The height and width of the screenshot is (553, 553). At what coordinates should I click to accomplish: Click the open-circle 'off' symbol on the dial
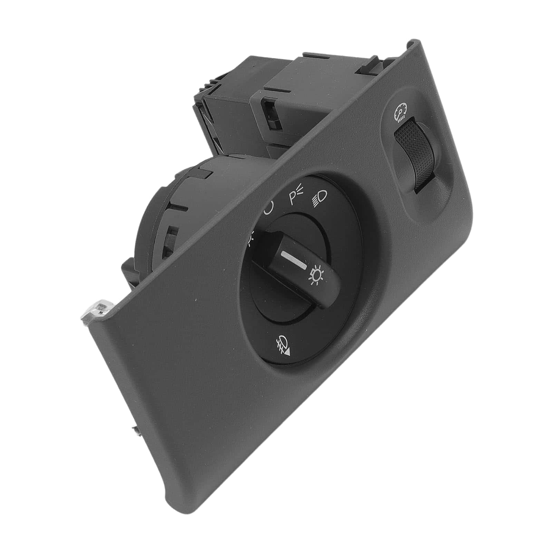pos(269,208)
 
